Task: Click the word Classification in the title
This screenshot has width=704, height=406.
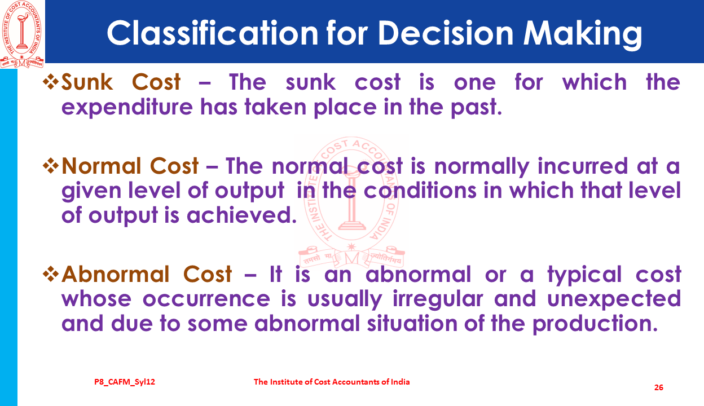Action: (x=213, y=33)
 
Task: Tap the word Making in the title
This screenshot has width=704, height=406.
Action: (x=582, y=34)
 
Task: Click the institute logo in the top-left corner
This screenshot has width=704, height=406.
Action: (x=21, y=34)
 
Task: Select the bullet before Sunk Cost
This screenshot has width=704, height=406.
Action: (x=51, y=82)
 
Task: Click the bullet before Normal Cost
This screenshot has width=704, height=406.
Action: (x=51, y=166)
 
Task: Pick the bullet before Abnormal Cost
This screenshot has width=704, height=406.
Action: (x=51, y=274)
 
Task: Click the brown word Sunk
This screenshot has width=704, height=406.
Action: (x=87, y=82)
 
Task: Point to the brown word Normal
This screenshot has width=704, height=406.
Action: (x=101, y=166)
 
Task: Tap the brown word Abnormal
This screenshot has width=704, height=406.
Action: (x=115, y=273)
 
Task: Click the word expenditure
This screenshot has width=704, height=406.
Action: (x=127, y=107)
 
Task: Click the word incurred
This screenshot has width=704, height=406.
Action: (x=583, y=166)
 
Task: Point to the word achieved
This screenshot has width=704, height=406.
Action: (x=241, y=215)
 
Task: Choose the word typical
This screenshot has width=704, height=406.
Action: (x=584, y=275)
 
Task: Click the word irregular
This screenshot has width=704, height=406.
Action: (x=438, y=299)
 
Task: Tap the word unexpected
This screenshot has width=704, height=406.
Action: (x=614, y=299)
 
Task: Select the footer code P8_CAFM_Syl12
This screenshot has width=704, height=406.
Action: (x=125, y=382)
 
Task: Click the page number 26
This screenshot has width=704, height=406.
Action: (x=659, y=387)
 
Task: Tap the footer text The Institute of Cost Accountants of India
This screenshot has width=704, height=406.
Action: (x=332, y=382)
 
